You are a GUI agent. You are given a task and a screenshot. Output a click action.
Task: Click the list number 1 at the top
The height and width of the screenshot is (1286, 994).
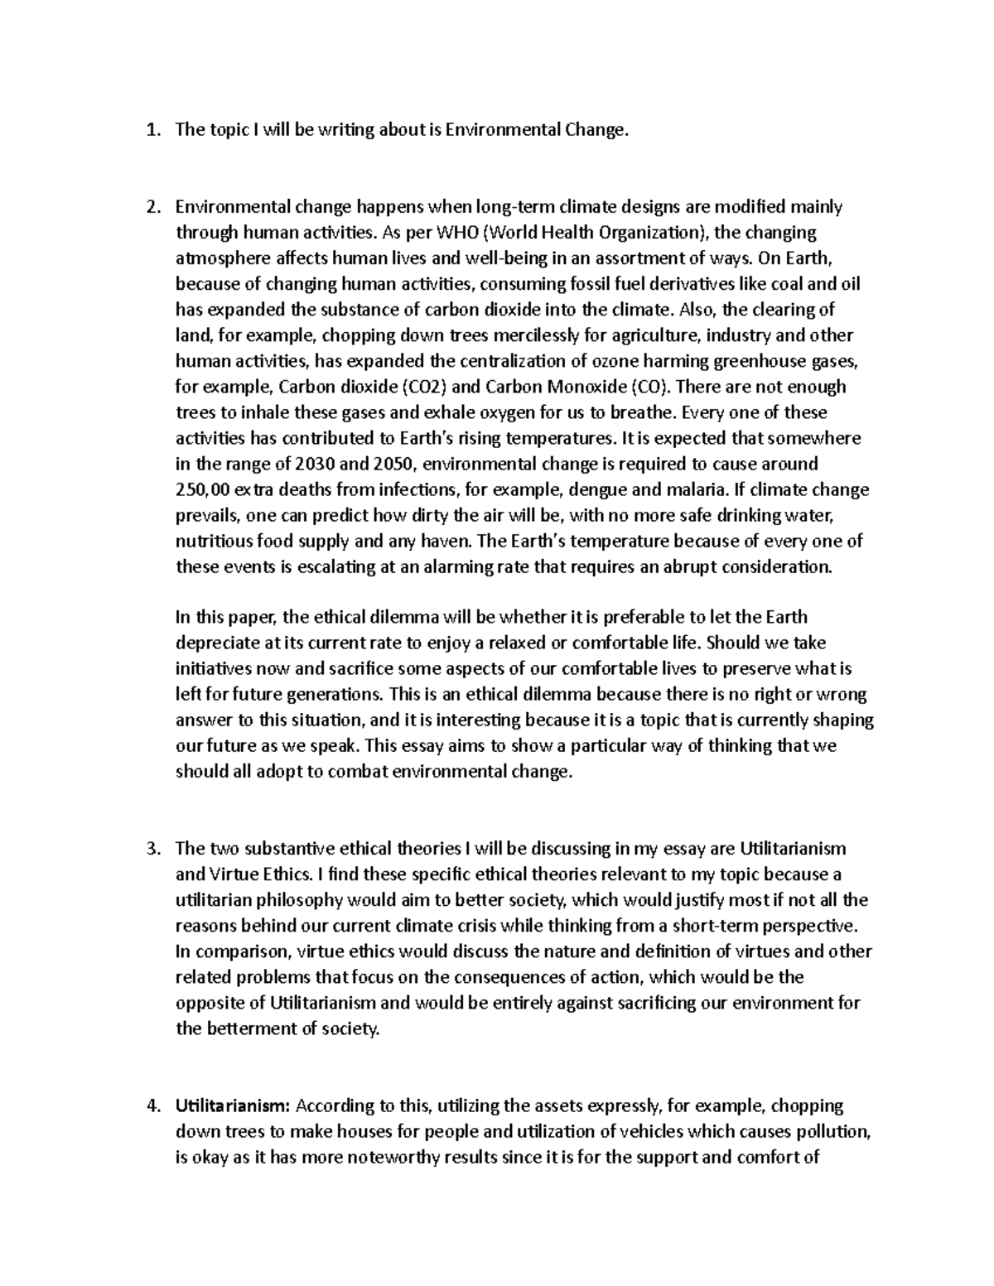[x=150, y=129]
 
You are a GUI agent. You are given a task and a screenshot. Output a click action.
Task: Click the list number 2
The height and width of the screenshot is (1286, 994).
[x=150, y=206]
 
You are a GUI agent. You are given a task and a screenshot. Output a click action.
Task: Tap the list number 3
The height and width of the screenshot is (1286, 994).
[x=150, y=849]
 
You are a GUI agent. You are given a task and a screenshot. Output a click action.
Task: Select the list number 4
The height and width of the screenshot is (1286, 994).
[x=150, y=1105]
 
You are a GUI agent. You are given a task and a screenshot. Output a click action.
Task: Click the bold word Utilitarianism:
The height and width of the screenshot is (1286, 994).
[x=233, y=1105]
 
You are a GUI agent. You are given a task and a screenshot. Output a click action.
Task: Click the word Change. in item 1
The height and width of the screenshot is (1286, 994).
[x=591, y=129]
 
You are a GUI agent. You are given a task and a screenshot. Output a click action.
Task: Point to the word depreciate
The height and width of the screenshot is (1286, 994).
[x=214, y=643]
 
